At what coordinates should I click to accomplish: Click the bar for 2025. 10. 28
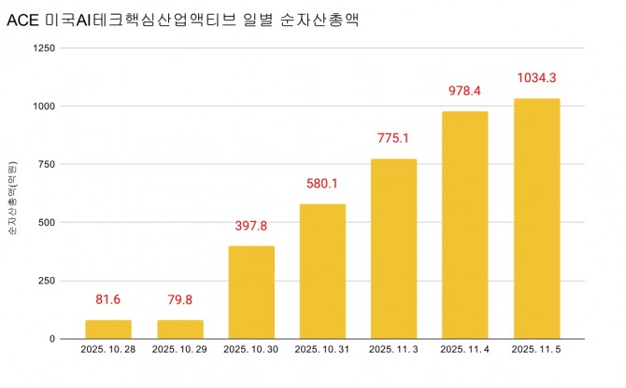(x=108, y=329)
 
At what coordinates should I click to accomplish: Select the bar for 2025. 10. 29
(x=180, y=329)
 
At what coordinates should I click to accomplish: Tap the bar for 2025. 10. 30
(x=251, y=292)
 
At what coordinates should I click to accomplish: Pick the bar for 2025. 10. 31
(x=322, y=271)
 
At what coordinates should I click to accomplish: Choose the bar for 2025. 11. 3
(x=393, y=249)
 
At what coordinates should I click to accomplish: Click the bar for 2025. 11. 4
(x=464, y=225)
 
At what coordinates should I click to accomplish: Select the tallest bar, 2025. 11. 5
(x=536, y=218)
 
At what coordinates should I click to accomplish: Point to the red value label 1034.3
(x=536, y=77)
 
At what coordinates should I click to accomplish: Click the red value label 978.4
(x=464, y=90)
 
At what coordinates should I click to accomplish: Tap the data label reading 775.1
(x=393, y=138)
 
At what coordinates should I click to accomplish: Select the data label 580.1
(x=322, y=183)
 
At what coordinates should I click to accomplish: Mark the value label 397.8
(x=251, y=226)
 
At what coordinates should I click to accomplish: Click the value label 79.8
(x=180, y=299)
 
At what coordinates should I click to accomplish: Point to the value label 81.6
(x=108, y=299)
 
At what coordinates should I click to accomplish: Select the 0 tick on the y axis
(x=52, y=339)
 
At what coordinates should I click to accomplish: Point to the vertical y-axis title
(x=12, y=194)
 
